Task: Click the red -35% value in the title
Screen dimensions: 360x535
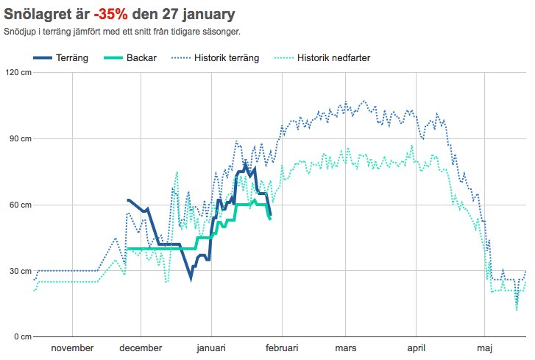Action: tap(110, 14)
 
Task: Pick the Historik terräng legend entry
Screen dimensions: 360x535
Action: tap(227, 58)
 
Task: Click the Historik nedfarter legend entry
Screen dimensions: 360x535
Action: tap(333, 58)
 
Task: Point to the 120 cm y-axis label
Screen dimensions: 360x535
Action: tap(18, 72)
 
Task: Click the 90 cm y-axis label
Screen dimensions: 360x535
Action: tap(20, 138)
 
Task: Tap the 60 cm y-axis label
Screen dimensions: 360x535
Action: tap(20, 205)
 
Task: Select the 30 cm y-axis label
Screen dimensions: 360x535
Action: tap(20, 271)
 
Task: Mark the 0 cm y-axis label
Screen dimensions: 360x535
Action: tap(22, 336)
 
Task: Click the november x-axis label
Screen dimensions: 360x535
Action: tap(71, 348)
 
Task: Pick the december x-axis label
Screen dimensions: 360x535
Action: tap(141, 348)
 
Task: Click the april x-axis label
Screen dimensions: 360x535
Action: tap(417, 348)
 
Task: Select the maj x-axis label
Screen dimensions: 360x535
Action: tap(483, 348)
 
